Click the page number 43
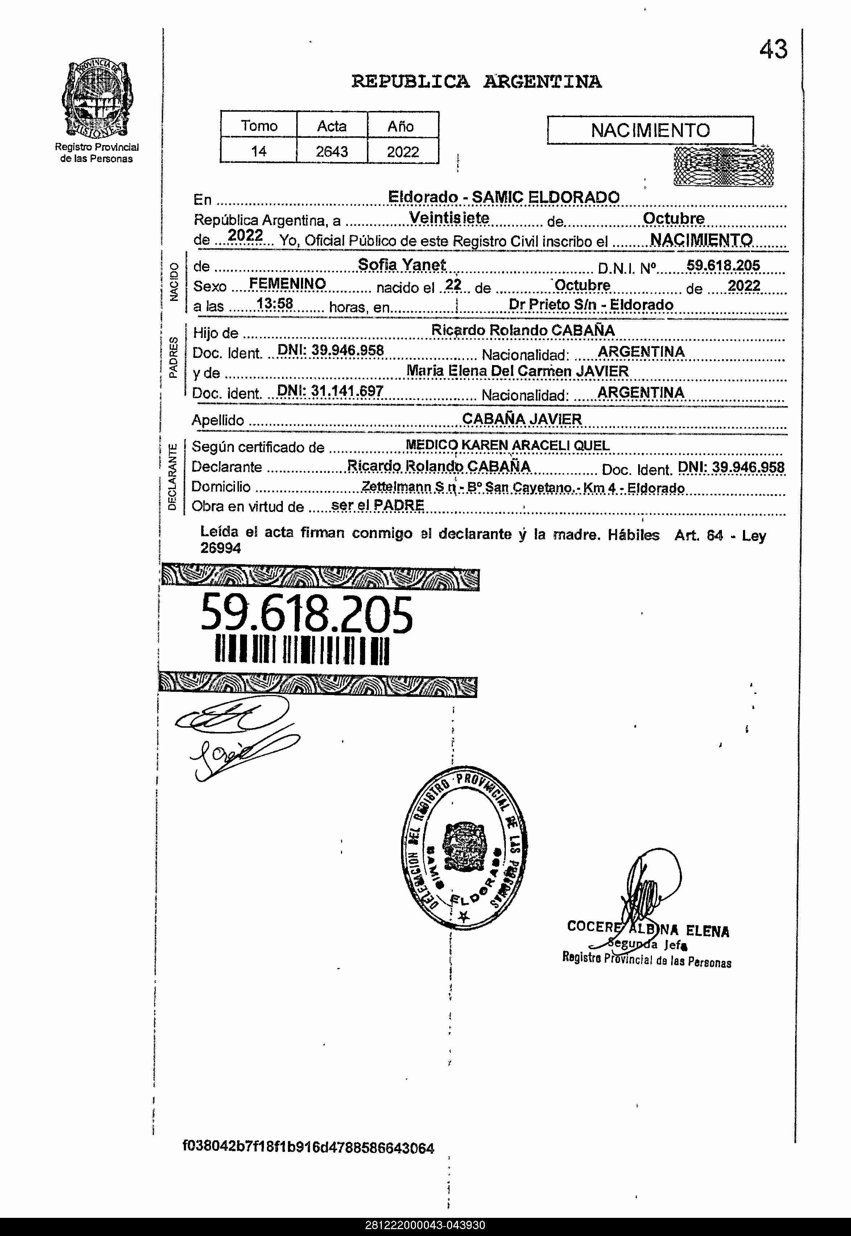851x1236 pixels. point(773,50)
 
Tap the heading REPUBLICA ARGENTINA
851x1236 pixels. point(476,82)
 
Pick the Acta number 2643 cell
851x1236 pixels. point(332,152)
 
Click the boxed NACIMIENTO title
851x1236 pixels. point(650,130)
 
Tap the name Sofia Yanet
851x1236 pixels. point(401,264)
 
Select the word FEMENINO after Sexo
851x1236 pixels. point(288,284)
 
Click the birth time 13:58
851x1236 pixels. point(274,304)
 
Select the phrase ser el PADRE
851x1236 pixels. point(377,505)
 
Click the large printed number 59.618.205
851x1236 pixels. point(307,614)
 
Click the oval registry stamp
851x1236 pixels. point(463,848)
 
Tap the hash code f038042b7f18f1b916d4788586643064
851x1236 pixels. point(308,1148)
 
